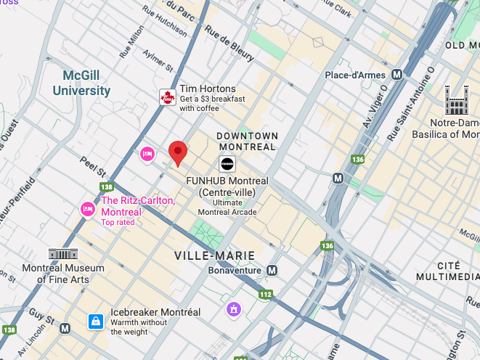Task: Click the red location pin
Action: pyautogui.click(x=178, y=153)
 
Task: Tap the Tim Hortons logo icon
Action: pyautogui.click(x=168, y=97)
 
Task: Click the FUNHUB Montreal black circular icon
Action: pyautogui.click(x=227, y=164)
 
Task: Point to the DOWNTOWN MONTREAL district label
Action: pyautogui.click(x=248, y=142)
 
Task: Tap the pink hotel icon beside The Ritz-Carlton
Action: pyautogui.click(x=87, y=209)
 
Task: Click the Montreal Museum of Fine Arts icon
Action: pyautogui.click(x=63, y=254)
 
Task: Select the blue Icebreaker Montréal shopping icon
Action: pyautogui.click(x=95, y=320)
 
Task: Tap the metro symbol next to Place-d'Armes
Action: pyautogui.click(x=396, y=75)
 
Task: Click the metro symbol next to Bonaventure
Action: pyautogui.click(x=272, y=271)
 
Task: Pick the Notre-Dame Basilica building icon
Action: pyautogui.click(x=457, y=100)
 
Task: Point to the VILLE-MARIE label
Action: pyautogui.click(x=214, y=255)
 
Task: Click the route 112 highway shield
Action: pyautogui.click(x=266, y=295)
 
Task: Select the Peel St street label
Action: pyautogui.click(x=93, y=168)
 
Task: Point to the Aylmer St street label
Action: pyautogui.click(x=158, y=60)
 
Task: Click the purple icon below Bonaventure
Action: pyautogui.click(x=233, y=309)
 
